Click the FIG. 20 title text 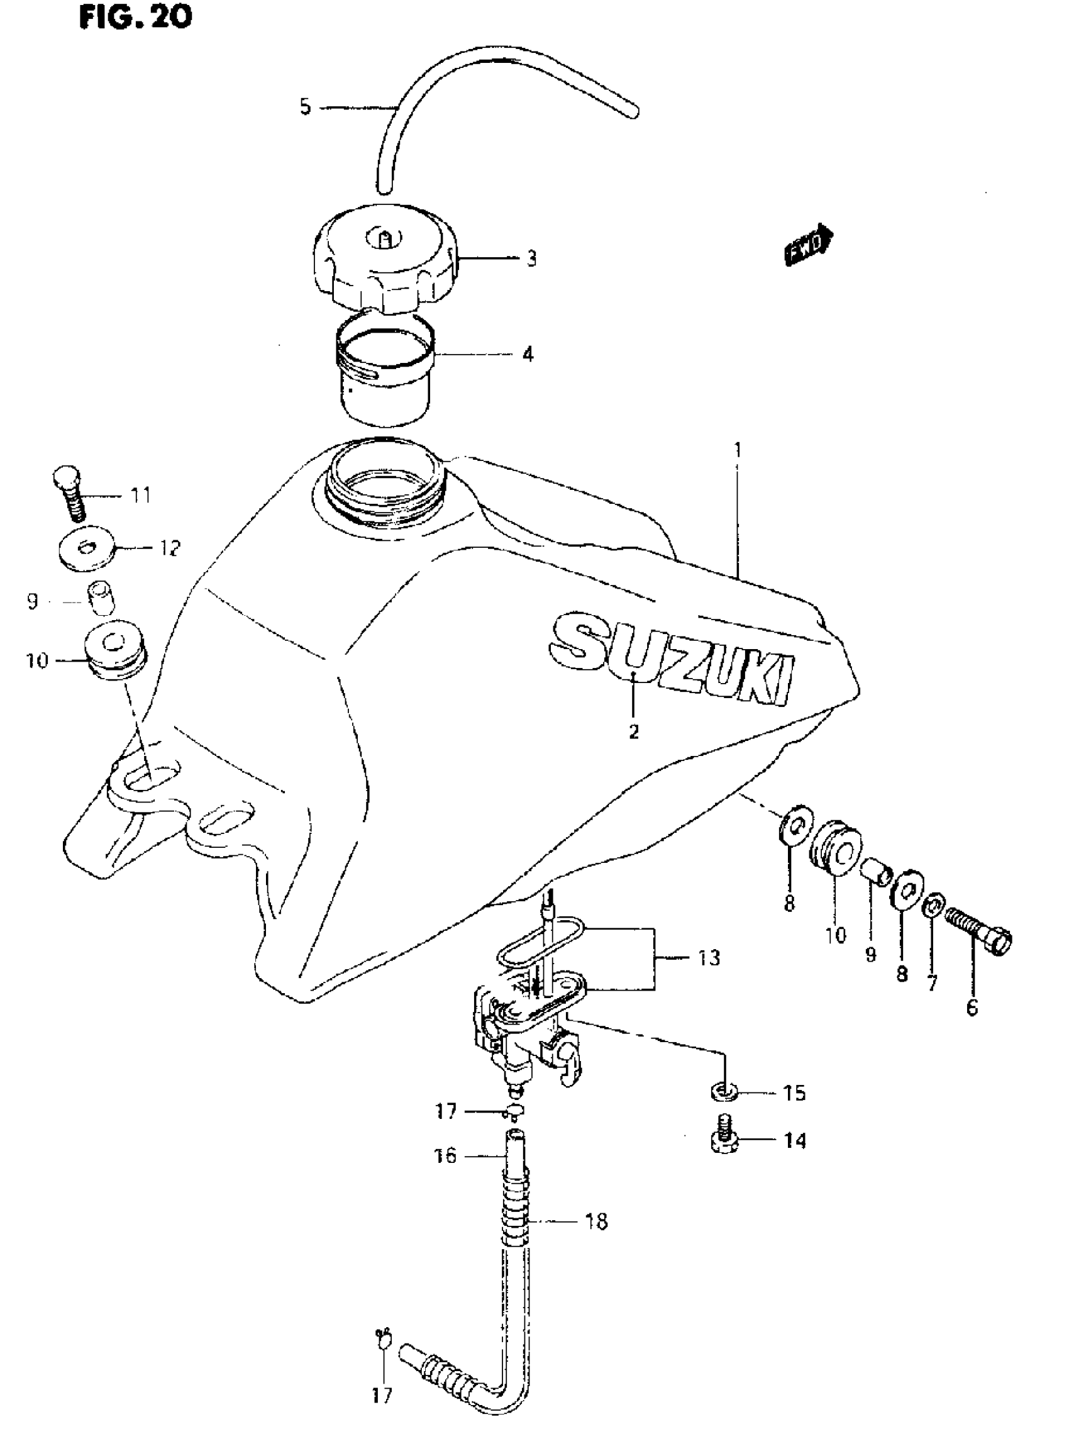135,17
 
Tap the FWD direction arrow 808,245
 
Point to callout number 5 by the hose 305,106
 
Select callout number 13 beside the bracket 709,957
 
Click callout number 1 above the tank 737,448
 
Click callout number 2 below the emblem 633,731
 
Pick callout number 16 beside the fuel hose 445,1155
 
